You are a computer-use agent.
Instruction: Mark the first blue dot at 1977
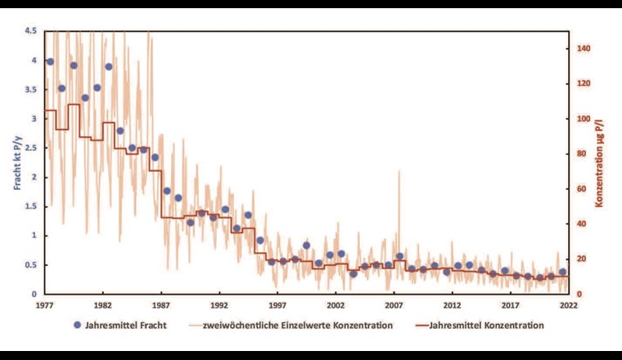50,61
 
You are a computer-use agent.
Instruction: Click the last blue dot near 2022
562,272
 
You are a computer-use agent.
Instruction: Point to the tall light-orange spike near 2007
399,173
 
